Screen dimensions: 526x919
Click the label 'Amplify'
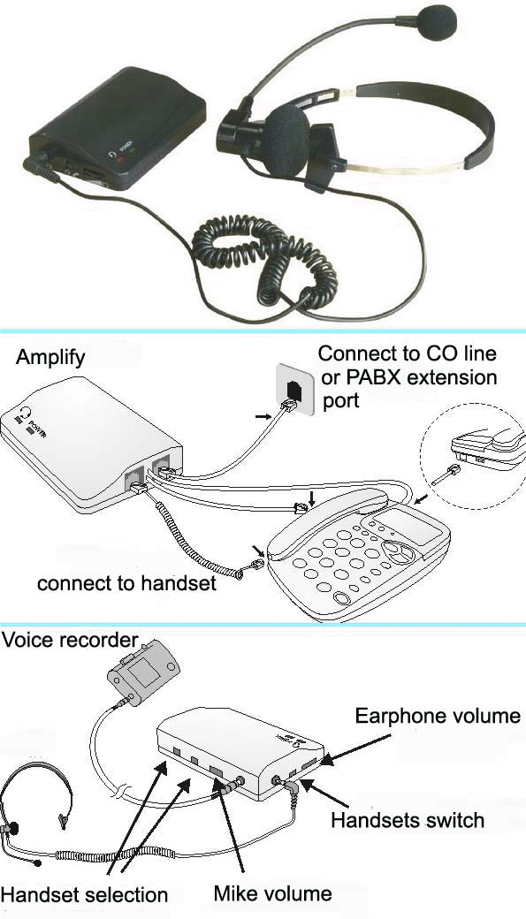tap(50, 358)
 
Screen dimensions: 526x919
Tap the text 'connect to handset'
tap(126, 583)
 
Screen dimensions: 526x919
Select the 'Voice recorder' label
tap(71, 640)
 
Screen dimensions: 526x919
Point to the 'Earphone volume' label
tap(438, 717)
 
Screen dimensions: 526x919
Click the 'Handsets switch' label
tap(408, 820)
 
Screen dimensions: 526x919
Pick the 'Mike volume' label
tap(272, 893)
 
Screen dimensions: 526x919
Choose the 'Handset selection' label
tap(85, 895)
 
